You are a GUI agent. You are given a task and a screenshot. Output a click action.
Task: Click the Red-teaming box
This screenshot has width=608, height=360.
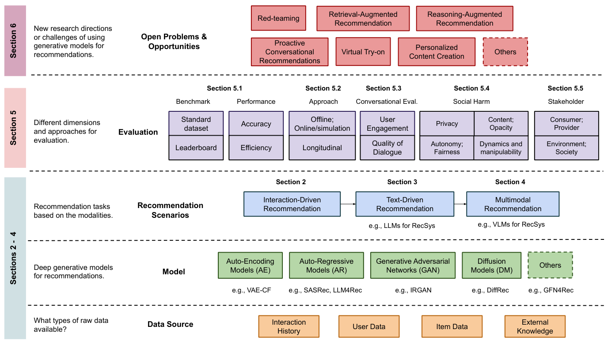click(x=278, y=18)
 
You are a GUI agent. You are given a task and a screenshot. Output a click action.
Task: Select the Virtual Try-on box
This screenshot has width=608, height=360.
click(x=363, y=52)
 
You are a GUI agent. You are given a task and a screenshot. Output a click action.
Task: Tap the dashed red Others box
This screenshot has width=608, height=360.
click(x=505, y=52)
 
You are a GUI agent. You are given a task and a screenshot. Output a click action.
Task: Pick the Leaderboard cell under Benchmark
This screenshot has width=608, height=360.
click(x=196, y=148)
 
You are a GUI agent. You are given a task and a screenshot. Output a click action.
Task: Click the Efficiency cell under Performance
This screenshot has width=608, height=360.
click(x=256, y=148)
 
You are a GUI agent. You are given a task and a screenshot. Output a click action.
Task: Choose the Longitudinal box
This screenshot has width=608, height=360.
click(x=322, y=148)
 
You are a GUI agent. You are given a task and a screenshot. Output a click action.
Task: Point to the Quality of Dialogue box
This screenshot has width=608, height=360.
click(x=387, y=148)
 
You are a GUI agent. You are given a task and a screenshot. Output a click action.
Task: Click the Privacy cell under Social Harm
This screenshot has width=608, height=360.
click(x=447, y=124)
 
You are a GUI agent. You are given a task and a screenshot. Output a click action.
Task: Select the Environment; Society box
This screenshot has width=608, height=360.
click(x=566, y=148)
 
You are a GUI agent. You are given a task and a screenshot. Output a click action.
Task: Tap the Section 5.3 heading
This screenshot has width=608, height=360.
click(x=384, y=88)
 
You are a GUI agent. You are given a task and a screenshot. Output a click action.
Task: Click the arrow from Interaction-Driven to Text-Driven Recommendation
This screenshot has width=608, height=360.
click(x=348, y=204)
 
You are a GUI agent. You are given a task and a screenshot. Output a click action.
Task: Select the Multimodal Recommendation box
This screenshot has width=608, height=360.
click(x=513, y=204)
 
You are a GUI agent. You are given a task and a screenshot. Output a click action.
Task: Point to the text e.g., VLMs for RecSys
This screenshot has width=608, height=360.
click(x=511, y=224)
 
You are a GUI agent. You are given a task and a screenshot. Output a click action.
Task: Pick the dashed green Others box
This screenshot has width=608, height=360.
click(x=550, y=265)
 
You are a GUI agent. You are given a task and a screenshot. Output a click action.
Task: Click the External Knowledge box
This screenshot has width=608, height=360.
click(x=535, y=326)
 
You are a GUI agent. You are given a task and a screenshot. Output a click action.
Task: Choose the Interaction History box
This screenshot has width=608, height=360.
click(x=289, y=326)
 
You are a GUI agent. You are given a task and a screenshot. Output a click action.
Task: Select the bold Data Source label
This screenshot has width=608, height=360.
click(x=170, y=324)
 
